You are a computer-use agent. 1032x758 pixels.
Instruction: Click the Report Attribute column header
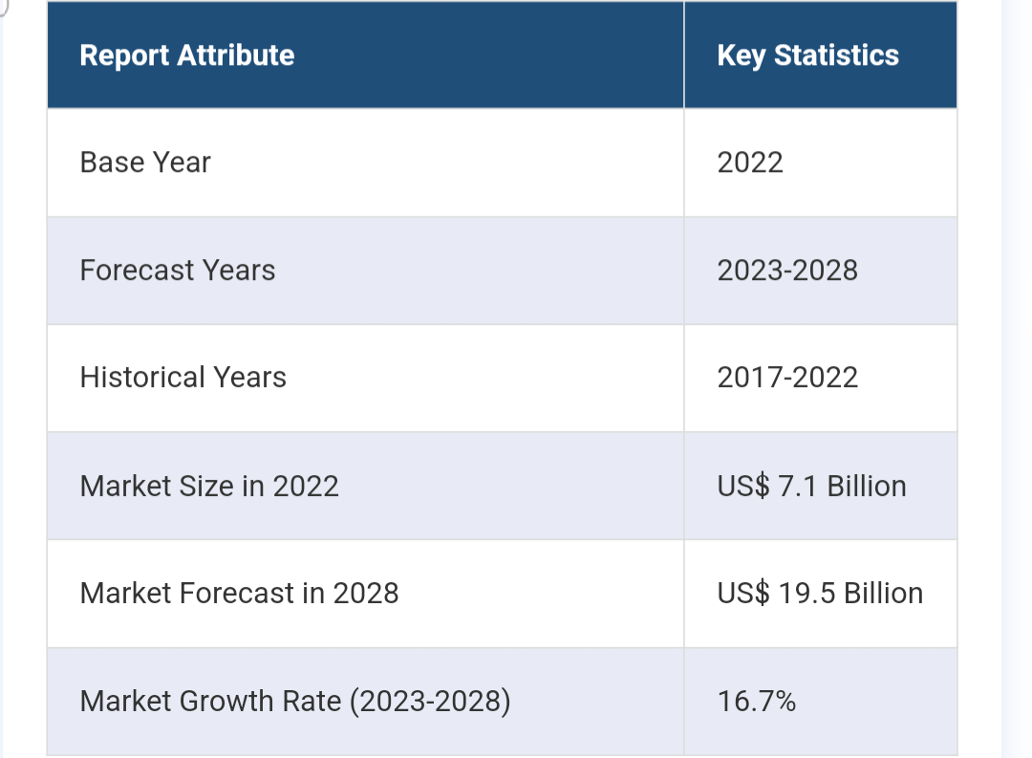[186, 55]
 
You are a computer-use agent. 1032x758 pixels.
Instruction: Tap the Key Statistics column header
[807, 55]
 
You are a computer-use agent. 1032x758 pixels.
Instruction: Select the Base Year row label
[145, 162]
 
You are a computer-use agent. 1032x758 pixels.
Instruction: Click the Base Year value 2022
[750, 162]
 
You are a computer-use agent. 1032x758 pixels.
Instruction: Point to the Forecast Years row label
[178, 271]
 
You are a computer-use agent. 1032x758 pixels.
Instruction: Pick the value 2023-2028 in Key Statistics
[787, 271]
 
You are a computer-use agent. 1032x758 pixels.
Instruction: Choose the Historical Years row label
[183, 378]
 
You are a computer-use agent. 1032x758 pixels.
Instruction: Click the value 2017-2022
[787, 378]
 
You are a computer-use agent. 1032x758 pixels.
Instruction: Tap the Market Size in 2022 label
[209, 487]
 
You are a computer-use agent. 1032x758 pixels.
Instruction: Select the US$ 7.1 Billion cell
[811, 487]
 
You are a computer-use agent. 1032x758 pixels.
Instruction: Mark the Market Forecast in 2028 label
[239, 594]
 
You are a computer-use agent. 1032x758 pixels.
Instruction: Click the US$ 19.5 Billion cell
[820, 594]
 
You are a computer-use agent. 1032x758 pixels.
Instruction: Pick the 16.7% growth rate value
[756, 702]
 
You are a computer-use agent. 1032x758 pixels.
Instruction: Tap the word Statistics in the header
[836, 55]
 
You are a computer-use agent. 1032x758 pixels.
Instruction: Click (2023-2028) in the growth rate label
[430, 702]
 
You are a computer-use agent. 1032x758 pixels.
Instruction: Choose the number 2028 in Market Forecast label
[365, 594]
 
